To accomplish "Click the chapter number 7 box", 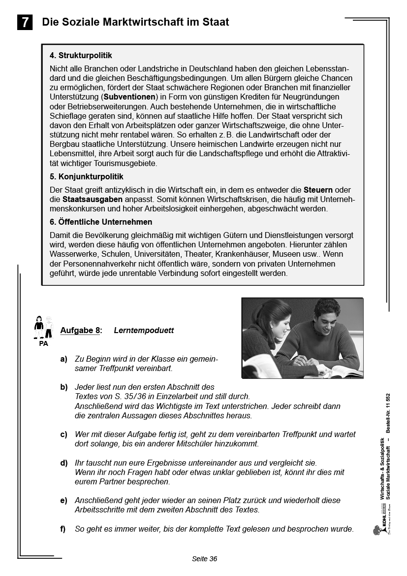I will click(25, 23).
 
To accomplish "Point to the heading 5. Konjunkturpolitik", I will click(86, 176).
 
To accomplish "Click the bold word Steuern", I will click(318, 190).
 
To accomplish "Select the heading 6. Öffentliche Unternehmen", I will click(101, 222).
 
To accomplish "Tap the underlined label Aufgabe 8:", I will click(81, 331).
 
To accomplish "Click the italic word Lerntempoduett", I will click(144, 331).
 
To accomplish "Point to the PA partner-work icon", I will click(43, 330).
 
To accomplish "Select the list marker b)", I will click(64, 387).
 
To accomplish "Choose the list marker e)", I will click(64, 501).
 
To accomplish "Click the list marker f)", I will click(63, 529).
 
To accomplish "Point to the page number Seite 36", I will click(204, 559).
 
